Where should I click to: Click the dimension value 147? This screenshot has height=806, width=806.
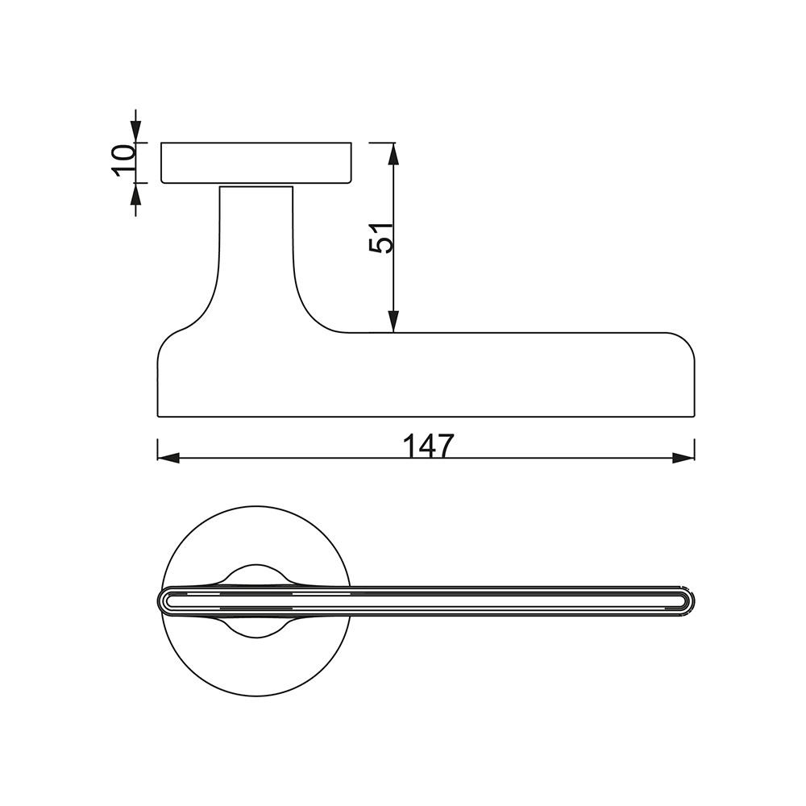428,446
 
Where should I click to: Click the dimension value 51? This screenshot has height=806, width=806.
381,238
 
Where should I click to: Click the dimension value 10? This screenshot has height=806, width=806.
123,160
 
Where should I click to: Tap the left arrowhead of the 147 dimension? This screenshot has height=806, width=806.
168,458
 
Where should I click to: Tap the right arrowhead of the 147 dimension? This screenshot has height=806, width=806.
683,458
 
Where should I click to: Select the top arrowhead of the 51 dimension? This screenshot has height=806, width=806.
393,153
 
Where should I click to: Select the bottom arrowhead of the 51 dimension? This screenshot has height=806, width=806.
393,322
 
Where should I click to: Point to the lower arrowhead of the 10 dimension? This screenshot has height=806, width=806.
135,193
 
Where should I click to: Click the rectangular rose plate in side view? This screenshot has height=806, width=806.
256,163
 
